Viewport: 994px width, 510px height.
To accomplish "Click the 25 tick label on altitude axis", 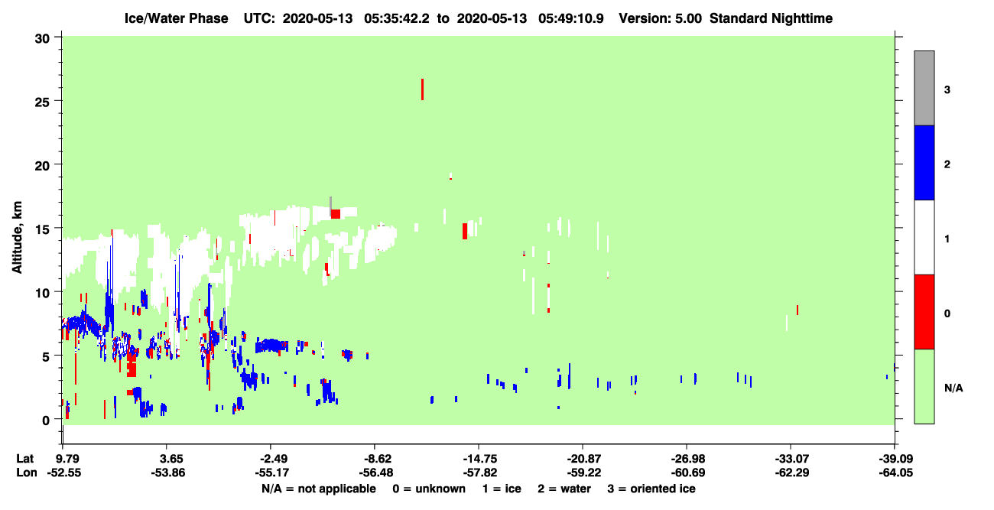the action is [x=42, y=101].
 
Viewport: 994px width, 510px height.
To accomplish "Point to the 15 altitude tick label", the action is [x=42, y=229].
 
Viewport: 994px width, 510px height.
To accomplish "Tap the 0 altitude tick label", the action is [x=46, y=420].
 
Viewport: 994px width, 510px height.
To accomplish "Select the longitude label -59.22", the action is [x=583, y=473].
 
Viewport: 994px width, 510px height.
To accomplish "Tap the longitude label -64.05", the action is [x=896, y=473].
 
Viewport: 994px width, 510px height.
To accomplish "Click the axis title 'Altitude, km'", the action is [x=17, y=238].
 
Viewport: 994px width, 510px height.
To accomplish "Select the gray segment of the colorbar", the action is [x=924, y=88].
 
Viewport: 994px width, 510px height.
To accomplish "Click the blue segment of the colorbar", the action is [x=924, y=162].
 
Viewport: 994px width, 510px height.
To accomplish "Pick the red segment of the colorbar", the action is [x=924, y=312].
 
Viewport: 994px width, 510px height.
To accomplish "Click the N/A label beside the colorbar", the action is [x=953, y=388].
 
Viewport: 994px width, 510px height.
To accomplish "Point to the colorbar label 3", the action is [x=947, y=89].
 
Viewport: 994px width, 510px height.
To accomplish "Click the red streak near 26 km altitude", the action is [x=422, y=89].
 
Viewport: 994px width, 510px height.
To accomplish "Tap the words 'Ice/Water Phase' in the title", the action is [x=176, y=18].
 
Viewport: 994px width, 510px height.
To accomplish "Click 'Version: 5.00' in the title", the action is [x=661, y=18].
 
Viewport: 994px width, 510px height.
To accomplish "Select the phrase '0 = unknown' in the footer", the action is [x=429, y=489].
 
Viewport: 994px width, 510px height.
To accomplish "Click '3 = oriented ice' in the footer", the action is [x=651, y=489].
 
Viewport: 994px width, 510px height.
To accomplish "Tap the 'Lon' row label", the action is [x=27, y=473].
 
